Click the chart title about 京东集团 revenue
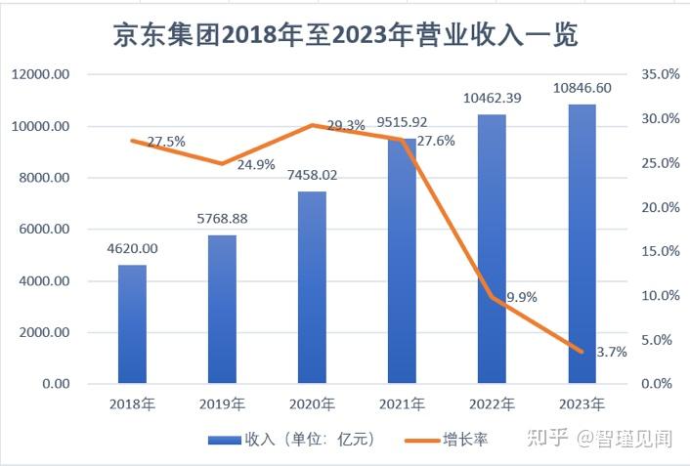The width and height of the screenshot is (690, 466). point(345,36)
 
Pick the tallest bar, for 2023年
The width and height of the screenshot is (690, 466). point(582,243)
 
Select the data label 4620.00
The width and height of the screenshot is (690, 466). point(131,248)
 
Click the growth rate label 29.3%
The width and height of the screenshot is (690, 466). point(345,125)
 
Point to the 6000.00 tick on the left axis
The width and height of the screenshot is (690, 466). point(42,230)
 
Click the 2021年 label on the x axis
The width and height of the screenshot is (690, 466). point(402,403)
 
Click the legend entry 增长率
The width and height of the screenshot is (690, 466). point(465,440)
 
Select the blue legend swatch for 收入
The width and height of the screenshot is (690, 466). point(224,440)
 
